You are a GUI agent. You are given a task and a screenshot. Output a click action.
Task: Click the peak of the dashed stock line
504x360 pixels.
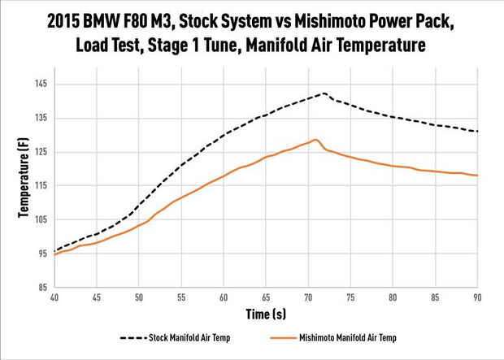(x=324, y=93)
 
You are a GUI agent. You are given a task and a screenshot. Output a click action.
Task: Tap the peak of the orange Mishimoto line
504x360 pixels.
(x=315, y=140)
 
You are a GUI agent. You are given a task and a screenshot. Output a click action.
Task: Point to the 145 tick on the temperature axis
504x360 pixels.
(x=41, y=85)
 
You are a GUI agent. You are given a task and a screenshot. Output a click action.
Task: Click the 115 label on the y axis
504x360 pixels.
(x=41, y=186)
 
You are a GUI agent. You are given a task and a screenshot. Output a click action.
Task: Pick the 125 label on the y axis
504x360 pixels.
(x=41, y=152)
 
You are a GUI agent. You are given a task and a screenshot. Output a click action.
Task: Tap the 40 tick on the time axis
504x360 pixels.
(x=54, y=297)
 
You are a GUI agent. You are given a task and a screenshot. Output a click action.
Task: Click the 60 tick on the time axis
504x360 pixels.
(x=224, y=297)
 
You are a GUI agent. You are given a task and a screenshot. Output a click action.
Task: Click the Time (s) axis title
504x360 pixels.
(x=266, y=313)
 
